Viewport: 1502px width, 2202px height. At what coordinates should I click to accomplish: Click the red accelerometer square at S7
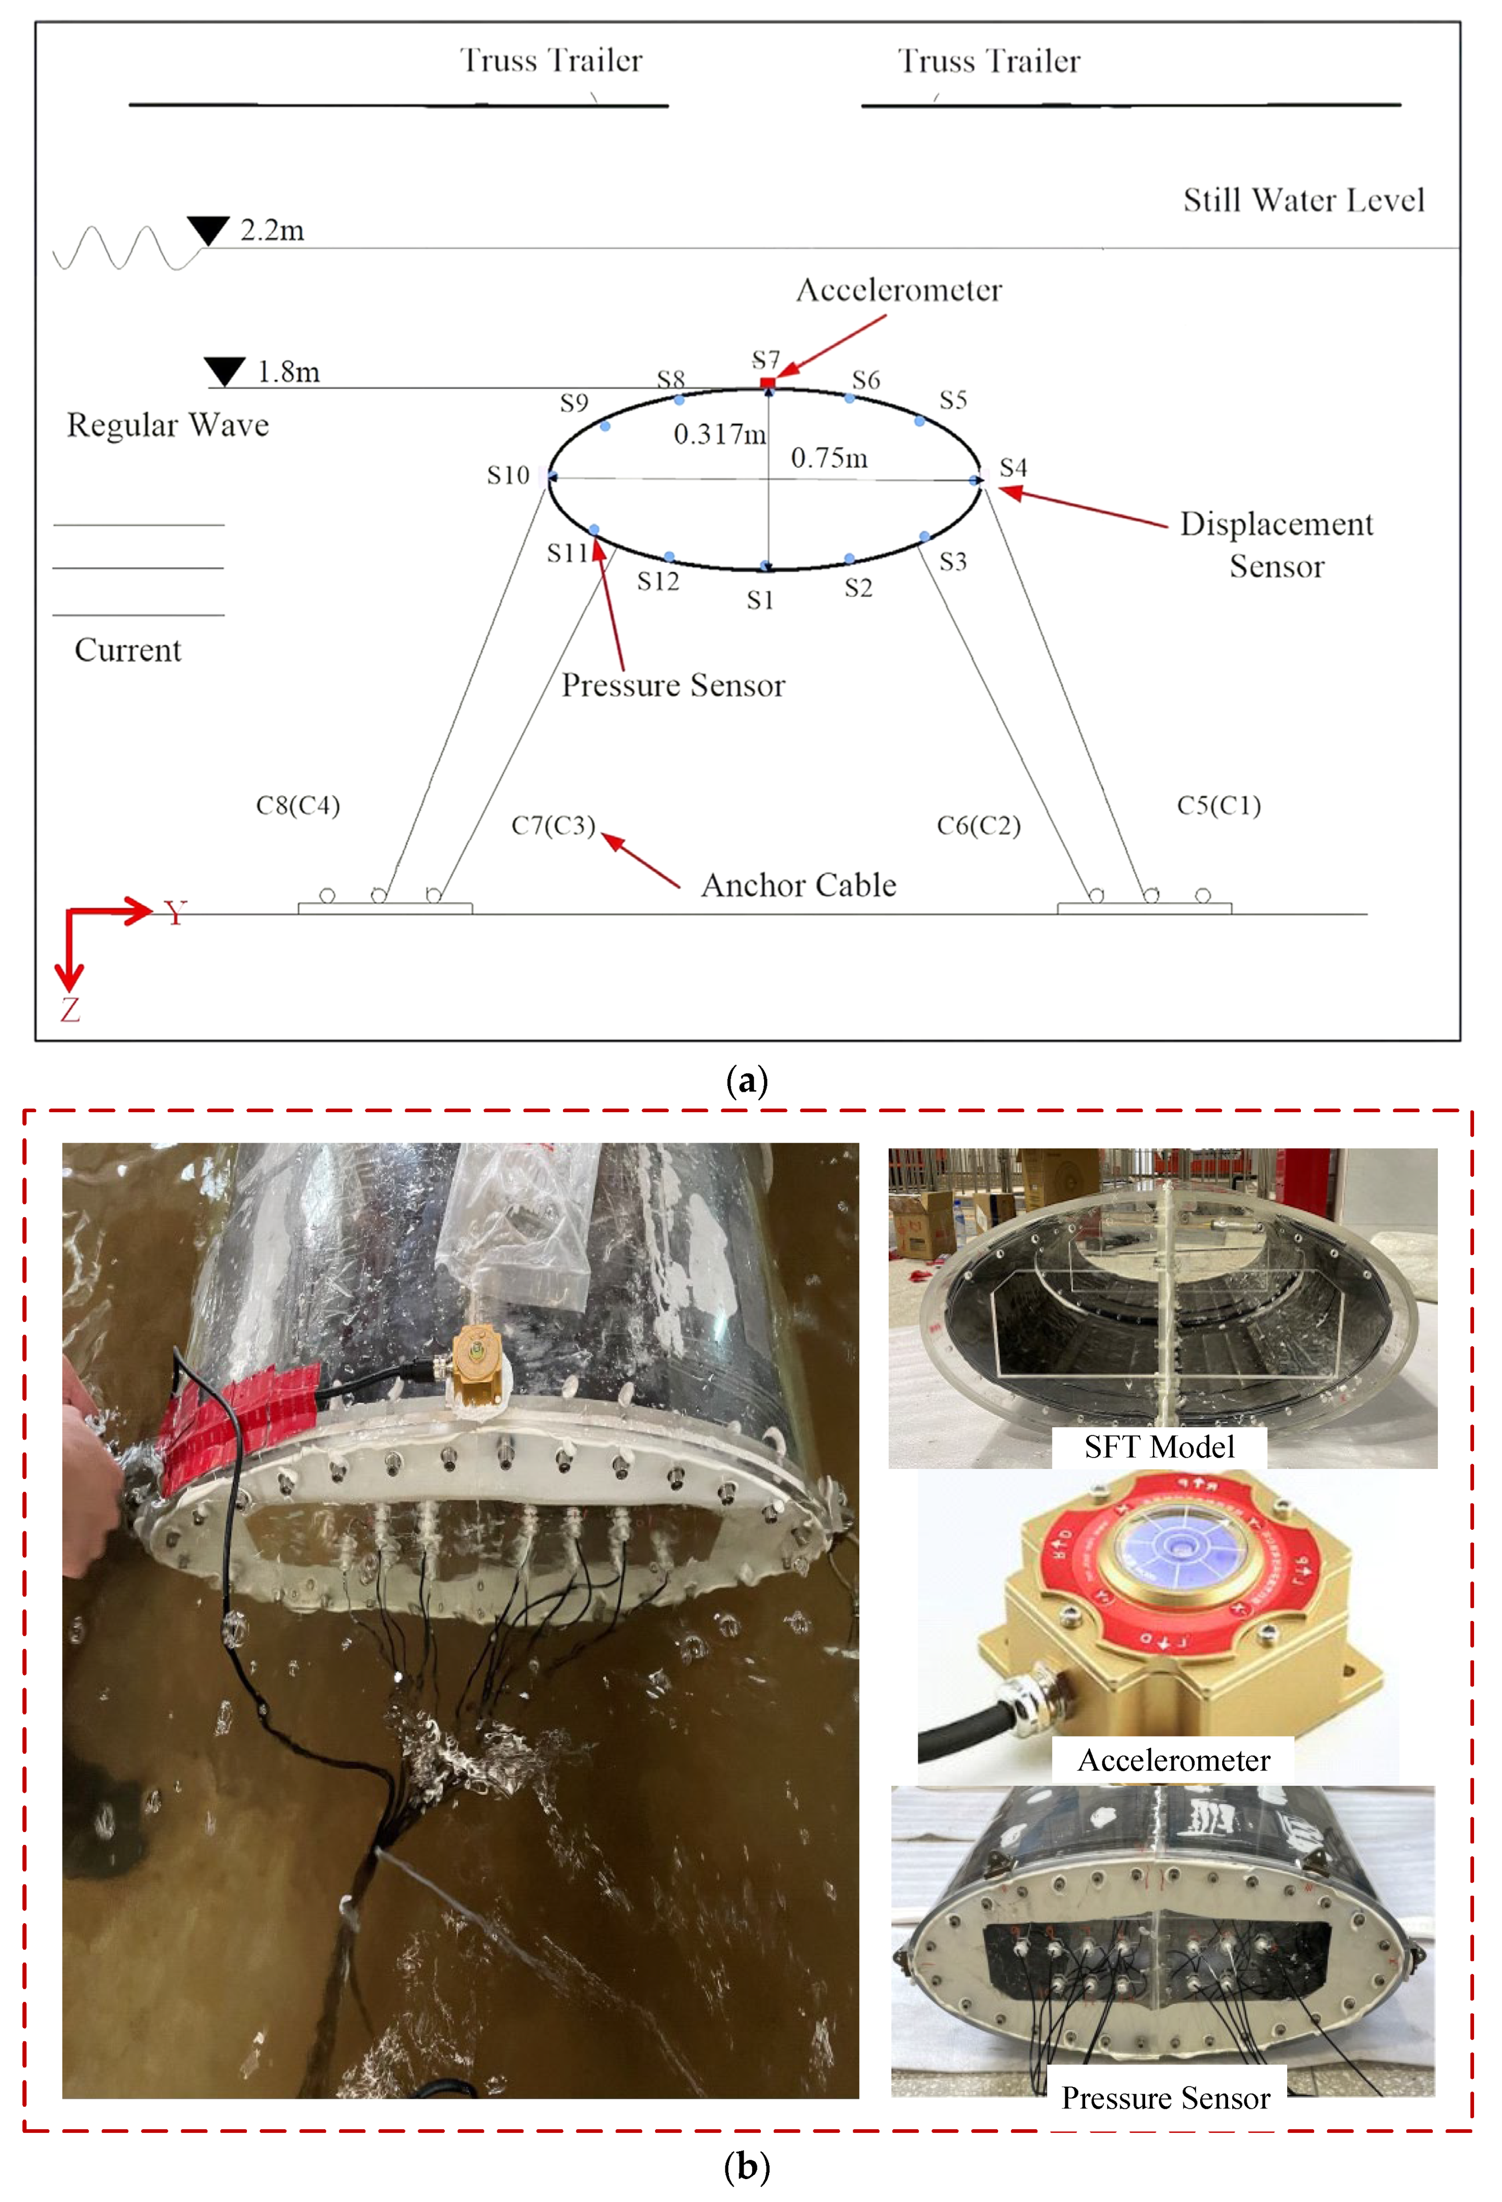point(768,383)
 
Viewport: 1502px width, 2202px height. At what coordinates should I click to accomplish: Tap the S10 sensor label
point(508,475)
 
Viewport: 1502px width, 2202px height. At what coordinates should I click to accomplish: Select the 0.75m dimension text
point(829,458)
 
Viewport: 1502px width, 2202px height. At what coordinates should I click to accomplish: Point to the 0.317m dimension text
point(719,435)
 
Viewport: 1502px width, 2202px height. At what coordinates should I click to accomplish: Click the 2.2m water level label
point(272,230)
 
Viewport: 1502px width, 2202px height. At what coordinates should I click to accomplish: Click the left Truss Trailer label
point(552,61)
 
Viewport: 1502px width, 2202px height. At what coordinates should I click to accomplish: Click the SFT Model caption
point(1159,1447)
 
